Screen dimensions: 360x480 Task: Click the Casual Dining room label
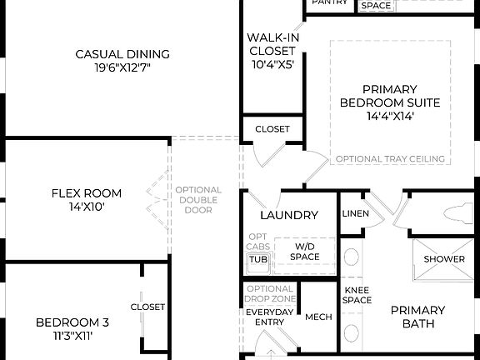coord(122,54)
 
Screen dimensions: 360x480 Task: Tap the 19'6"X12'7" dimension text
coord(122,67)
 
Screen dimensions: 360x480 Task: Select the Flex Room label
coord(86,193)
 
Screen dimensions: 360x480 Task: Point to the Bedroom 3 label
coord(72,322)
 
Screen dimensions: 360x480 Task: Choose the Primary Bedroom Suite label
coord(389,102)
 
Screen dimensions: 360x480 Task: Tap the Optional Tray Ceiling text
coord(389,159)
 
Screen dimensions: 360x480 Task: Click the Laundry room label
coord(289,215)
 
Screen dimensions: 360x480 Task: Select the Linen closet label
coord(356,214)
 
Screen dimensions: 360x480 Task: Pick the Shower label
coord(444,259)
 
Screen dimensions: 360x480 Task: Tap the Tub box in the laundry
coord(257,260)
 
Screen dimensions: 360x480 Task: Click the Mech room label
coord(318,317)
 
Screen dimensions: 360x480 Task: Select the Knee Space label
coord(357,294)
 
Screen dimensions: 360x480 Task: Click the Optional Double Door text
coord(198,200)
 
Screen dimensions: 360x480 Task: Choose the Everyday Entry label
coord(270,317)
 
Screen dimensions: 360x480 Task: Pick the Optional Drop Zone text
coord(270,294)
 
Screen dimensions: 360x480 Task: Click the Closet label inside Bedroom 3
coord(147,307)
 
